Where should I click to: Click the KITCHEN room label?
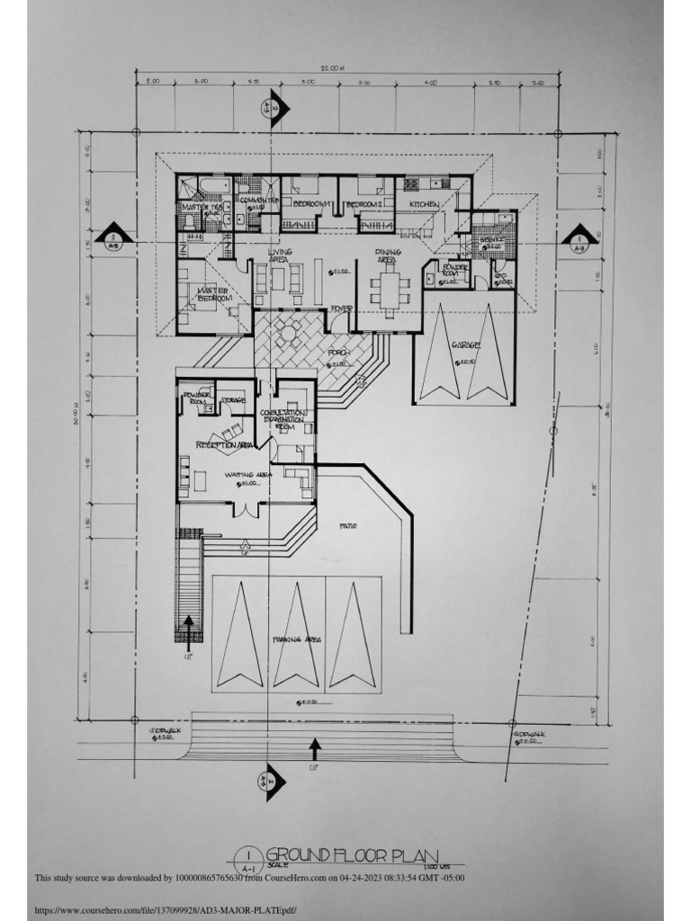(x=424, y=205)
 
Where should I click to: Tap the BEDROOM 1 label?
(x=311, y=206)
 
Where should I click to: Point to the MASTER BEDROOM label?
(x=214, y=294)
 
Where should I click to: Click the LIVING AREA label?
(x=280, y=255)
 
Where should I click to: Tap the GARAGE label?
(x=466, y=344)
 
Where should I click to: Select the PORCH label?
(x=339, y=353)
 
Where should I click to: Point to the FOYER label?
(x=339, y=308)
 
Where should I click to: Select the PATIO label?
(x=348, y=525)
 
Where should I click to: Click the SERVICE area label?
(x=492, y=239)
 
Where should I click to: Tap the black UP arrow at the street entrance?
(x=314, y=748)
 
